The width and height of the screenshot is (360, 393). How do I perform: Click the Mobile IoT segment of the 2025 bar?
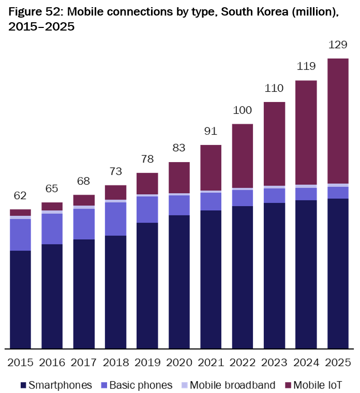point(337,121)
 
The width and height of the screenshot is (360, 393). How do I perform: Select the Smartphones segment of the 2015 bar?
point(20,299)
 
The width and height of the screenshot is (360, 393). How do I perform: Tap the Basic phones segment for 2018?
point(115,219)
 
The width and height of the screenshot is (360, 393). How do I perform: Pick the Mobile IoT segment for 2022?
point(242,156)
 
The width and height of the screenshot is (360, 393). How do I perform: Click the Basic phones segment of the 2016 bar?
point(52,229)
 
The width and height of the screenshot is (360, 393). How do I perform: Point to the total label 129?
point(337,45)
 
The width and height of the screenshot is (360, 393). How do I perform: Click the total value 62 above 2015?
point(20,196)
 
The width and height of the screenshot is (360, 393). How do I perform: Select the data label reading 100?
point(242,110)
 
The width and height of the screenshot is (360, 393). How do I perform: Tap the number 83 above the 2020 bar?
point(179,149)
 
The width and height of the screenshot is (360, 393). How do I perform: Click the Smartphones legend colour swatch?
point(23,385)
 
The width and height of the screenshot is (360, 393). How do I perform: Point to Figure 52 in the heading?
point(33,11)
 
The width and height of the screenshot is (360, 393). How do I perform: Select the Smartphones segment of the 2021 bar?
point(211,279)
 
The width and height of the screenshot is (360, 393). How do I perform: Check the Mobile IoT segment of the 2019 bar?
point(147,183)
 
